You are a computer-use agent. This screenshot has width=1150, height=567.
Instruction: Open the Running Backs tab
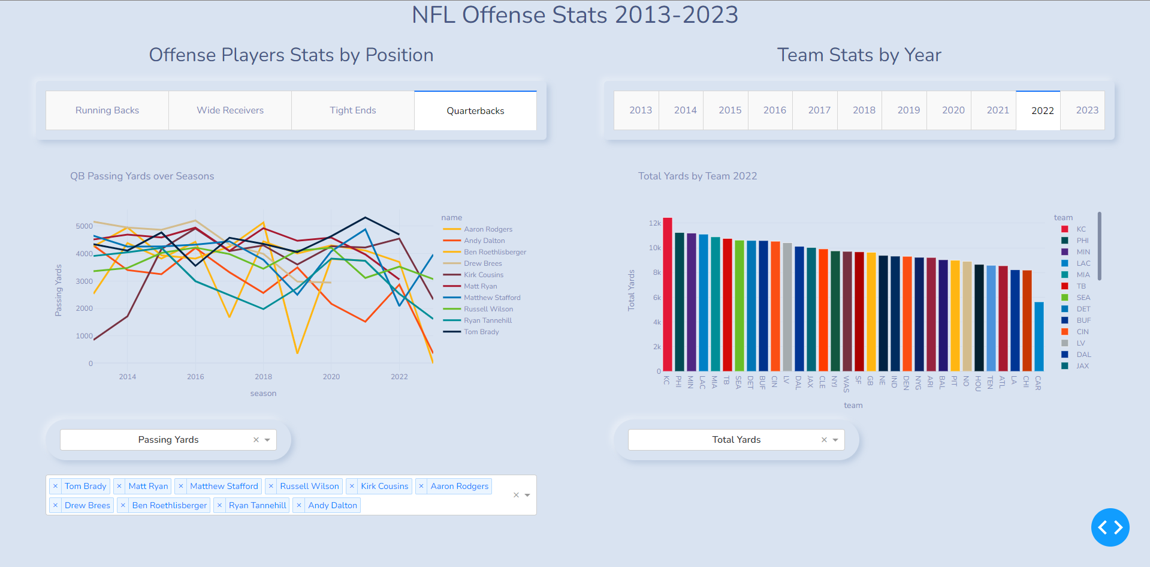click(107, 110)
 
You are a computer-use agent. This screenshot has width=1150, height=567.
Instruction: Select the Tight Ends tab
click(352, 110)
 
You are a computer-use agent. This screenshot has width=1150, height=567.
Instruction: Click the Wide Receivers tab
click(230, 110)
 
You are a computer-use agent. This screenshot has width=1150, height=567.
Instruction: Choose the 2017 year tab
click(819, 110)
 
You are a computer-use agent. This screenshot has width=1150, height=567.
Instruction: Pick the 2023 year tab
click(1086, 110)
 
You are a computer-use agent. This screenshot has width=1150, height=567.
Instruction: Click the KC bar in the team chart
click(668, 294)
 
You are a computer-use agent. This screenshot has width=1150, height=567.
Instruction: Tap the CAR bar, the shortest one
click(1039, 336)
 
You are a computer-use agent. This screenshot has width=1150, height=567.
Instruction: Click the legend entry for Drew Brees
click(482, 263)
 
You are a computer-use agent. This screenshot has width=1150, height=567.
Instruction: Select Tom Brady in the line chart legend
click(481, 332)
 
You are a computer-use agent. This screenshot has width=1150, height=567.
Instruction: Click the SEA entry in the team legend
click(1083, 298)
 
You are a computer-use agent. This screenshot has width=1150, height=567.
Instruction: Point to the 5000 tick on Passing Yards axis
click(84, 226)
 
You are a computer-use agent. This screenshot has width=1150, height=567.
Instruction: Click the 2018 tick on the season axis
click(263, 377)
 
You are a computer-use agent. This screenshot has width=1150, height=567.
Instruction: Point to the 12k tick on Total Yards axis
click(654, 223)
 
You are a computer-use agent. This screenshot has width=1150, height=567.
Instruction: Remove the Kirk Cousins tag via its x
click(352, 486)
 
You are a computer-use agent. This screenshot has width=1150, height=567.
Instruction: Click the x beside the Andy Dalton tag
click(299, 505)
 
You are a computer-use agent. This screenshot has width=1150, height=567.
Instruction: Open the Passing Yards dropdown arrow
click(267, 440)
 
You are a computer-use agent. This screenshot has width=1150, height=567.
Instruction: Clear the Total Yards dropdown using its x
click(824, 440)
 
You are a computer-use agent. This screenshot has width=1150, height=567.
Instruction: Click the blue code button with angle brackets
click(1110, 527)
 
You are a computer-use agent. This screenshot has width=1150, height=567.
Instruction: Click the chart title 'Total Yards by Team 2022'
click(697, 176)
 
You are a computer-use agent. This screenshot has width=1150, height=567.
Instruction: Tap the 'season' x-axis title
click(263, 394)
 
